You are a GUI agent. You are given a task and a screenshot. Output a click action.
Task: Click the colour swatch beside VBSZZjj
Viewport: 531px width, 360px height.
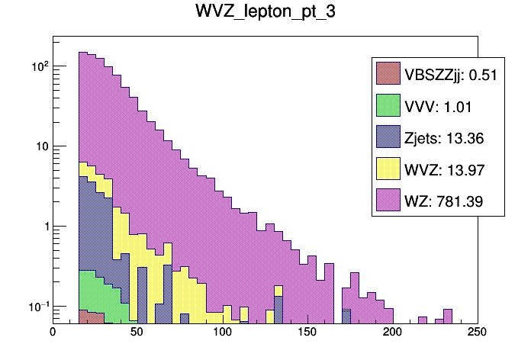388,73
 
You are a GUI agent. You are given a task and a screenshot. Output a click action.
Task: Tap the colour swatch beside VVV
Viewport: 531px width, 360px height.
388,105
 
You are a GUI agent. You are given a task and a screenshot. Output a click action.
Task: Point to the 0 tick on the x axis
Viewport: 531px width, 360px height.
53,332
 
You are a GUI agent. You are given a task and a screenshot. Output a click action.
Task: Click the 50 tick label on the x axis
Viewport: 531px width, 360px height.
137,332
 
